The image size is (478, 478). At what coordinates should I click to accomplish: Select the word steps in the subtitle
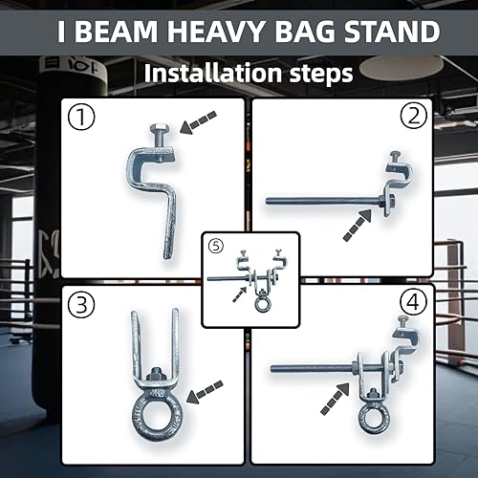(314, 73)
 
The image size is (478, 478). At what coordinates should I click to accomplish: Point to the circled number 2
(413, 119)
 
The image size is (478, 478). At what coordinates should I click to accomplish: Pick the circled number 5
(216, 247)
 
